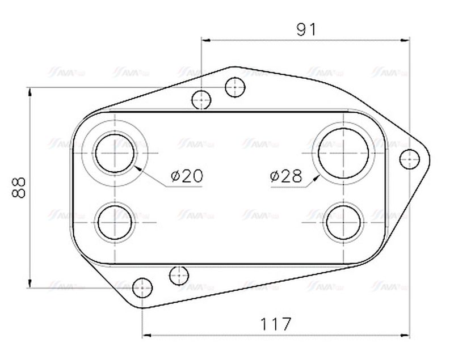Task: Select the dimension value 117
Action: tap(276, 324)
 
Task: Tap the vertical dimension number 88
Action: tap(19, 187)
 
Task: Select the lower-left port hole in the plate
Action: tap(116, 222)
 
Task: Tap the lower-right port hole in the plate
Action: tap(343, 222)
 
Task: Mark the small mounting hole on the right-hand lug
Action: tap(409, 159)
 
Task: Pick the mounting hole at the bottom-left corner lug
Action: tap(142, 289)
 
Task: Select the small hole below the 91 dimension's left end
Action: tap(201, 99)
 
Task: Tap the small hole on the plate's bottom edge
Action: tap(179, 276)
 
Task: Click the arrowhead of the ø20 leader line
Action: tap(137, 167)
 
